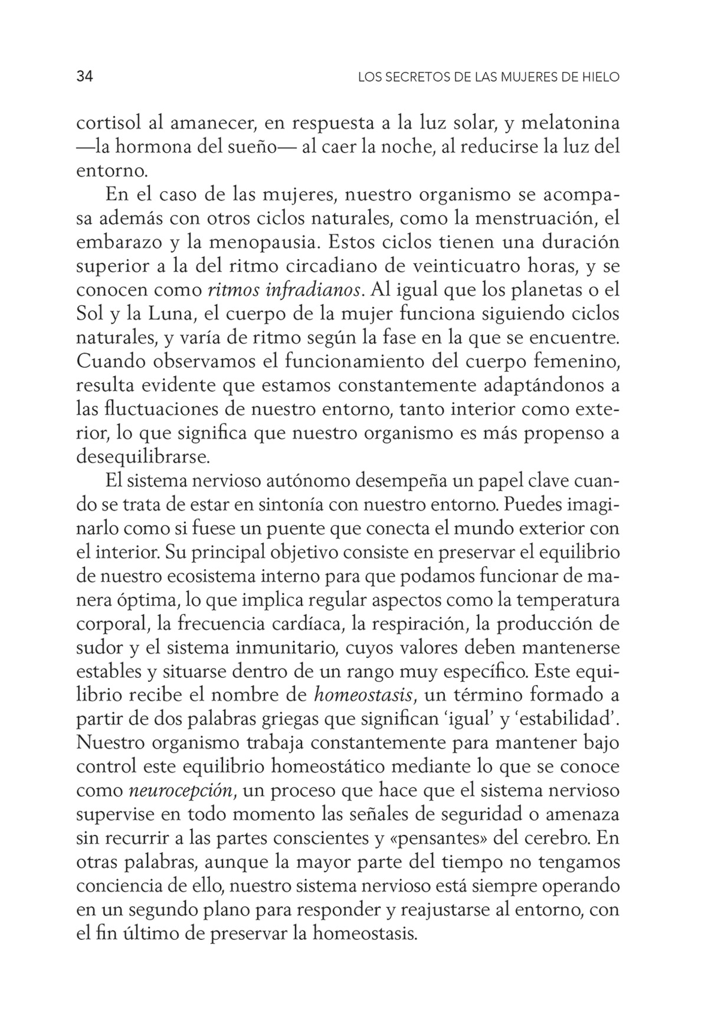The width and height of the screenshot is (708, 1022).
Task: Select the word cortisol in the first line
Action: tap(108, 124)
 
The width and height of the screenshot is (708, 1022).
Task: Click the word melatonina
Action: tap(567, 124)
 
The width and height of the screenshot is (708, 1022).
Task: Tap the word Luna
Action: tap(163, 314)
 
